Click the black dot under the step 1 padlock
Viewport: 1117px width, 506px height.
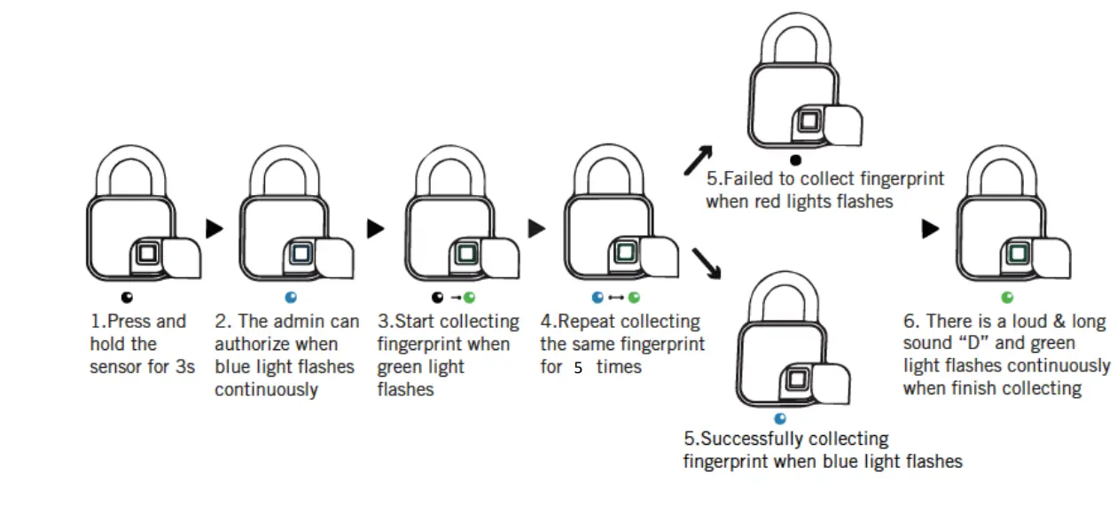point(128,299)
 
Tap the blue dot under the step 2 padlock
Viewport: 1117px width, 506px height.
point(291,299)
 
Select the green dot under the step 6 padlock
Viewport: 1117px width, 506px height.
point(1007,299)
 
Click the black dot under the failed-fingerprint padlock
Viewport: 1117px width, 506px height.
point(795,160)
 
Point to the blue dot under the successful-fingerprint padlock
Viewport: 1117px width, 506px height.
point(780,418)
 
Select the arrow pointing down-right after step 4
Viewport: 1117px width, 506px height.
point(707,262)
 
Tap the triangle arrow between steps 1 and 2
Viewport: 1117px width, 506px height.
point(215,229)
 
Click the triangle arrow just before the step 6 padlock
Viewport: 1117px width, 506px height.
point(930,229)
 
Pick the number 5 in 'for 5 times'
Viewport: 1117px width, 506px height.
point(577,368)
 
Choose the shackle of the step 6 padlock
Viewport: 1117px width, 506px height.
point(1007,173)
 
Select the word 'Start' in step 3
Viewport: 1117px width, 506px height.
point(423,321)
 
